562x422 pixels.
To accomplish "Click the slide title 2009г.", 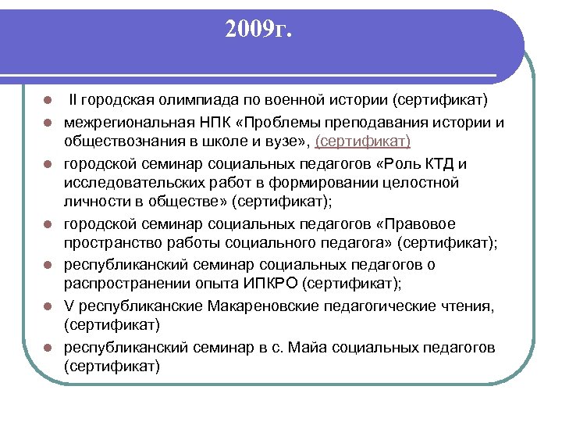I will pyautogui.click(x=256, y=30).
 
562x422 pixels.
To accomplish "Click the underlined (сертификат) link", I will pyautogui.click(x=362, y=141).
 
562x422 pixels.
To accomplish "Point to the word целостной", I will pyautogui.click(x=421, y=182).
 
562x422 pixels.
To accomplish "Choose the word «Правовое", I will pyautogui.click(x=462, y=224).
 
